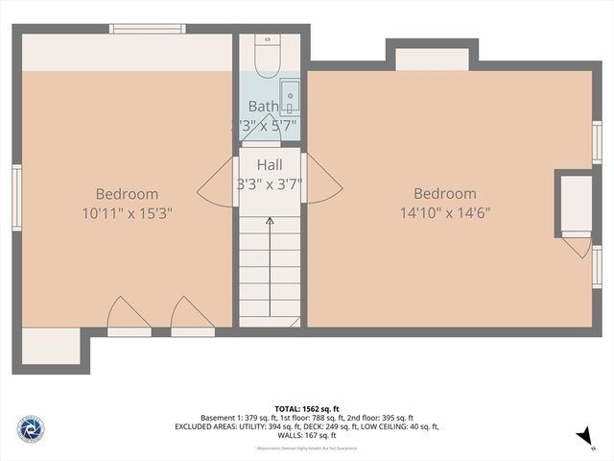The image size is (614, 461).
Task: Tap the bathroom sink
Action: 289,98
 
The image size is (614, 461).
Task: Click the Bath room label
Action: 263,107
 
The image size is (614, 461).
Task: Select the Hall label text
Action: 270,166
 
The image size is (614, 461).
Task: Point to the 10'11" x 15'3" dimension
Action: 128,212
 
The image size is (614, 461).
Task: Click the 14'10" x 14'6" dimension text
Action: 444,212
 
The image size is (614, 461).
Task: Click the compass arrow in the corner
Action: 582,438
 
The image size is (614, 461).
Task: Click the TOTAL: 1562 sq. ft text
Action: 307,407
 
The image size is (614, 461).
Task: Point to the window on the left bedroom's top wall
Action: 147,29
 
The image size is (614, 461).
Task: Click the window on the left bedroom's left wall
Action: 16,197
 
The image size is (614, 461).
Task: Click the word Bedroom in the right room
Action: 444,193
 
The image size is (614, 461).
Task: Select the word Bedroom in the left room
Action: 128,193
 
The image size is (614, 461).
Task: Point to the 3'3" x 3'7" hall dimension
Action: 270,184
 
